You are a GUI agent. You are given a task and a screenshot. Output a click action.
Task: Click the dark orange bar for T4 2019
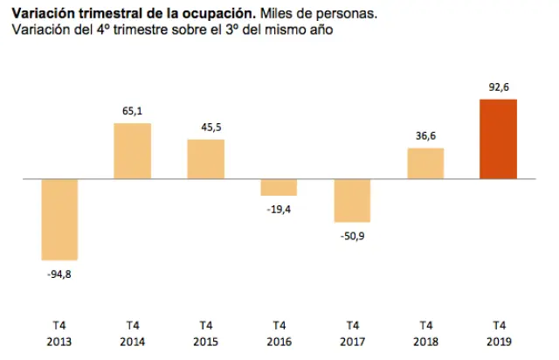point(498,139)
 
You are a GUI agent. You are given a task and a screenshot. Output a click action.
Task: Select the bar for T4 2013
point(59,219)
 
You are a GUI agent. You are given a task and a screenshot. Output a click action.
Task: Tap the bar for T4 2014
point(132,151)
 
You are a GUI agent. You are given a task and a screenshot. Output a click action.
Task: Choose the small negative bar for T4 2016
point(279,187)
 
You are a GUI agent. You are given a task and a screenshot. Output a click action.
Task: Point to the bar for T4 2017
point(352,200)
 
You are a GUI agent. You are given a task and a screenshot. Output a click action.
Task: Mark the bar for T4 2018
point(425,163)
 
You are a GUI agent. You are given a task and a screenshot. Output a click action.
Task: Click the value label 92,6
point(498,87)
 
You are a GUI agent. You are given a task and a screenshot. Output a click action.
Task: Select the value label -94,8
point(59,273)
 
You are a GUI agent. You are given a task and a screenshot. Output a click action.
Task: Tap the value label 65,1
point(132,110)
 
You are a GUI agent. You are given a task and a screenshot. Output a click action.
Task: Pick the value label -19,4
point(279,208)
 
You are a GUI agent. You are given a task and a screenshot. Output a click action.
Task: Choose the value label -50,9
point(352,235)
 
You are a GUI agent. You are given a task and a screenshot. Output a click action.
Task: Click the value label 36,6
point(425,135)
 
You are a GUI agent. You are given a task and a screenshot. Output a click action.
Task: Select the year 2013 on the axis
point(59,342)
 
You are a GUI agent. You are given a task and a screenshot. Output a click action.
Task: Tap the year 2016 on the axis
point(279,342)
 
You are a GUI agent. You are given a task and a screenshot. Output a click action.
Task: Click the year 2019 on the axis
point(498,342)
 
